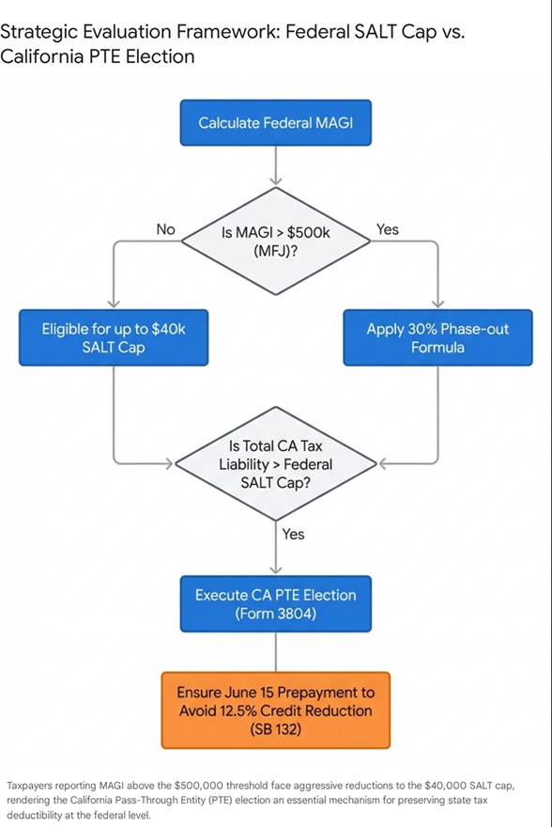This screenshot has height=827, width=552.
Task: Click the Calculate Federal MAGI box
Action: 275,123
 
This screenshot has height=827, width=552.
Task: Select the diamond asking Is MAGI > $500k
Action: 275,241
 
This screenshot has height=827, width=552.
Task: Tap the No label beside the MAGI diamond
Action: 165,228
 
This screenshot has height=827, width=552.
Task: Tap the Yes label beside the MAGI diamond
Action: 386,228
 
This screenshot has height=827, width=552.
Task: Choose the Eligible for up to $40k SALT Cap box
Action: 113,338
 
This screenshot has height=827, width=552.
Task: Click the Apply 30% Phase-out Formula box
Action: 437,338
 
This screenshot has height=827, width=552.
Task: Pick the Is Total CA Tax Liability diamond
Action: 275,463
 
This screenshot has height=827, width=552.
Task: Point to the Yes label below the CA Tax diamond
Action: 293,534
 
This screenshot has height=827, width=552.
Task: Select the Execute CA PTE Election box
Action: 275,603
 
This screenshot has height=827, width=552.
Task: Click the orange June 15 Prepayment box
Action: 275,710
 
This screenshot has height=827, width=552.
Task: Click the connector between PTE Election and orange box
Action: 275,651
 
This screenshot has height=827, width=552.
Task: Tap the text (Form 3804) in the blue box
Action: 275,613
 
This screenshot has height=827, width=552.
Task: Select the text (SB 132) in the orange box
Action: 275,728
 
